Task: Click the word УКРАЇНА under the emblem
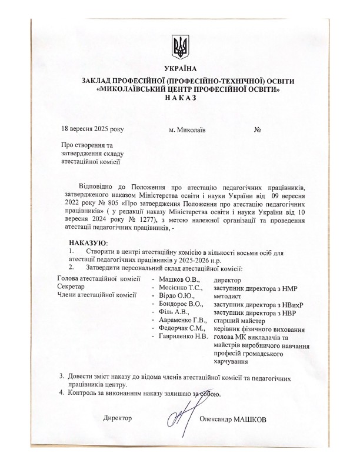(179, 69)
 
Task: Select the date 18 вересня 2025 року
(92, 129)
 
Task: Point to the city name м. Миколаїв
(187, 129)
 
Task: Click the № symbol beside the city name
(257, 129)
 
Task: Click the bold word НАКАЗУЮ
(88, 243)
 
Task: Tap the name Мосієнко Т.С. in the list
(181, 285)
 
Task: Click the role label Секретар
(71, 285)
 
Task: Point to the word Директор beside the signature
(117, 418)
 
